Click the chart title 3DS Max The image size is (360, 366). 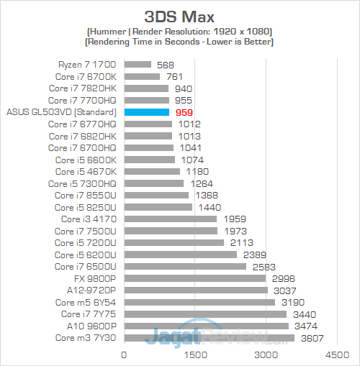pyautogui.click(x=180, y=16)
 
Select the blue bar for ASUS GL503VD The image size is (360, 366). pyautogui.click(x=146, y=112)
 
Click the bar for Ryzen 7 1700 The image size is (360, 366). pyautogui.click(x=138, y=65)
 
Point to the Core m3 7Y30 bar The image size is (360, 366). pyautogui.click(x=209, y=337)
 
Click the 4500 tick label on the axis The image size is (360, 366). pyautogui.click(x=336, y=354)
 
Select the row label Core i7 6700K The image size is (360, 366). pyautogui.click(x=82, y=76)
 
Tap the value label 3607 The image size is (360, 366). pyautogui.click(x=311, y=338)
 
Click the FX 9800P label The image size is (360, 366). pyautogui.click(x=95, y=278)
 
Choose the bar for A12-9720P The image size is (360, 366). pyautogui.click(x=196, y=290)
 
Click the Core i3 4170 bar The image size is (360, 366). pyautogui.click(x=171, y=219)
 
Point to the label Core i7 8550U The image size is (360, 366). pyautogui.click(x=82, y=195)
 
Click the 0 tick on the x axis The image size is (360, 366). pyautogui.click(x=125, y=354)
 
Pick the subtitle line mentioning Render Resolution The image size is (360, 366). pyautogui.click(x=180, y=31)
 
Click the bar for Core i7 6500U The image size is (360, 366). pyautogui.click(x=185, y=266)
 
